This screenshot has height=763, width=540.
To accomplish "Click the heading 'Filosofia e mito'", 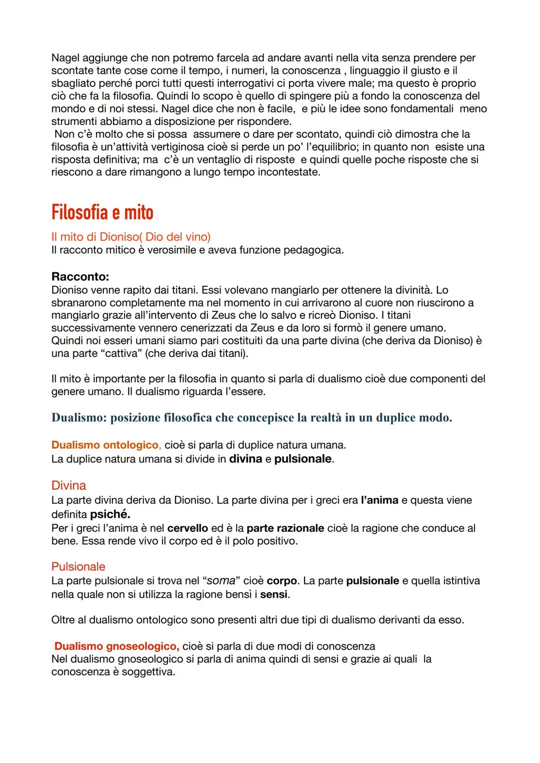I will (102, 213).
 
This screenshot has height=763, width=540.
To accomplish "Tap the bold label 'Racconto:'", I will (80, 276).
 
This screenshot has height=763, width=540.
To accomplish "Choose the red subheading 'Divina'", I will (68, 485).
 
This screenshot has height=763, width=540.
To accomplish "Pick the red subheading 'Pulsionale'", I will (78, 567).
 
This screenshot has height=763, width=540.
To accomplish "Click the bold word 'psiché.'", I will (110, 514).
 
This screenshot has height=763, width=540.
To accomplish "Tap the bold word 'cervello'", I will (187, 528).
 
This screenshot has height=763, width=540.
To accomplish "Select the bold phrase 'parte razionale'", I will (285, 528).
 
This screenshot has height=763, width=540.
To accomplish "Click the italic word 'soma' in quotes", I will (221, 581).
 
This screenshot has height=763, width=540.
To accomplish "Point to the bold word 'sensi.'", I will (275, 595).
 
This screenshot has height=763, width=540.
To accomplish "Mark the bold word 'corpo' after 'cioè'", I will (282, 581).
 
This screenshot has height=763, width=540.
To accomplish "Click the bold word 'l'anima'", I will (379, 500).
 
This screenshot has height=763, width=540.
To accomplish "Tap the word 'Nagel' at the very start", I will (67, 58).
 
